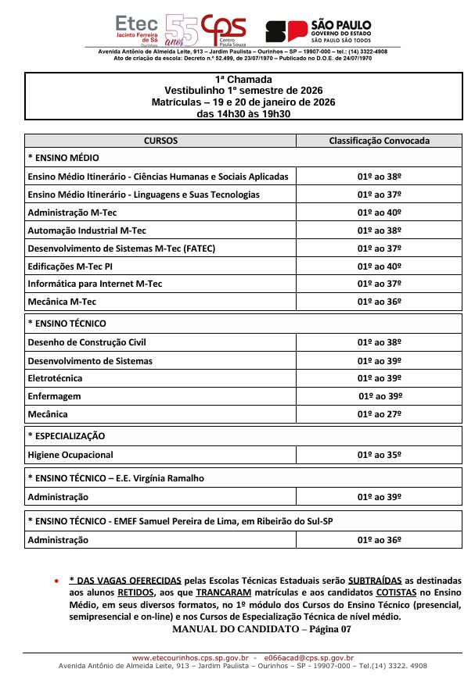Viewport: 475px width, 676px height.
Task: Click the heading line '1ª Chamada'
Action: coord(243,80)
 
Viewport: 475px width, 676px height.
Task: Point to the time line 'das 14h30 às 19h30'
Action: coord(243,113)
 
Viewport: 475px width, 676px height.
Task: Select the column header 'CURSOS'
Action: coord(160,141)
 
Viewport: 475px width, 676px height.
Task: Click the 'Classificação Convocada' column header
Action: coord(379,141)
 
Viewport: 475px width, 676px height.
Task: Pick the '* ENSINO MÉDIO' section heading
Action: coord(63,158)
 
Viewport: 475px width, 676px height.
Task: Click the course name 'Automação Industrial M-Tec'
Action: coord(87,231)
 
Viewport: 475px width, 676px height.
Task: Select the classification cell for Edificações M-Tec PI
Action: coord(380,266)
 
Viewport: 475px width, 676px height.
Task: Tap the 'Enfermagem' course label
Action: coord(54,396)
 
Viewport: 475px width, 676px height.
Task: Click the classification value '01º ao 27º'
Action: coord(380,414)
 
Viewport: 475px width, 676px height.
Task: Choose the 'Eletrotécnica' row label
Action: coord(57,378)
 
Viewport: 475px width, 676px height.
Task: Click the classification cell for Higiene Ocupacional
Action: coord(380,455)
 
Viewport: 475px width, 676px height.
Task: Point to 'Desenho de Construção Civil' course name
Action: coord(87,342)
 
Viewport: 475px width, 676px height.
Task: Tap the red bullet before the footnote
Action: coord(56,582)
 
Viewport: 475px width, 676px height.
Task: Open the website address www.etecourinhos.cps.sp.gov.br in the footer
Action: coord(190,658)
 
